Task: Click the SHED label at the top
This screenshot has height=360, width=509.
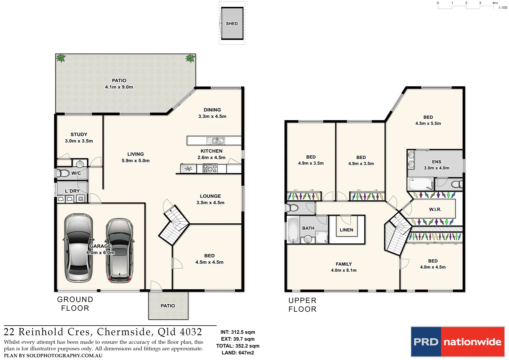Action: click(232, 24)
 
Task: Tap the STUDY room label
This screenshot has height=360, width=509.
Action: click(79, 135)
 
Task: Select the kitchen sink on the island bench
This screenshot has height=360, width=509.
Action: click(216, 141)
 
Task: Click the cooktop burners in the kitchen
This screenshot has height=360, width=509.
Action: click(210, 169)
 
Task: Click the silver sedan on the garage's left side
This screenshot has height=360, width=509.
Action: click(78, 248)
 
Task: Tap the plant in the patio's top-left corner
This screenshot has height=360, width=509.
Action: click(61, 58)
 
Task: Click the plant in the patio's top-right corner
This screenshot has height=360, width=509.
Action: click(190, 58)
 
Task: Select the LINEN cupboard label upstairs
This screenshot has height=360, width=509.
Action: click(346, 230)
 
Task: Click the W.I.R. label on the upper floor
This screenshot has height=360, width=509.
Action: click(435, 209)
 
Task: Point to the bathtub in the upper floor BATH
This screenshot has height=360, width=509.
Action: click(293, 230)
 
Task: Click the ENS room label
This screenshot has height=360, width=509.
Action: click(436, 162)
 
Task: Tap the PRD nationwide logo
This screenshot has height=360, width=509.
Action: click(457, 342)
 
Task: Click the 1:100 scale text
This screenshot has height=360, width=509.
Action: click(503, 8)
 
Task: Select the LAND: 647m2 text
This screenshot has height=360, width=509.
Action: click(238, 353)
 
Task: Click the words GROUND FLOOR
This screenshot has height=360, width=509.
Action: click(75, 304)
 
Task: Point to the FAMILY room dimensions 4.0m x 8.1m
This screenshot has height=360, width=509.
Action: click(344, 270)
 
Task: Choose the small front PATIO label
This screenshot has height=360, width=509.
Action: click(168, 306)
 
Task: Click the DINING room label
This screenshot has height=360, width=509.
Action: click(212, 110)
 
